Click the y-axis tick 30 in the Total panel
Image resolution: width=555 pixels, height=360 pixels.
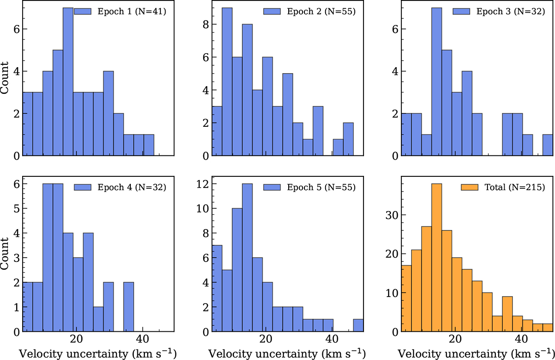point(391,215)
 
